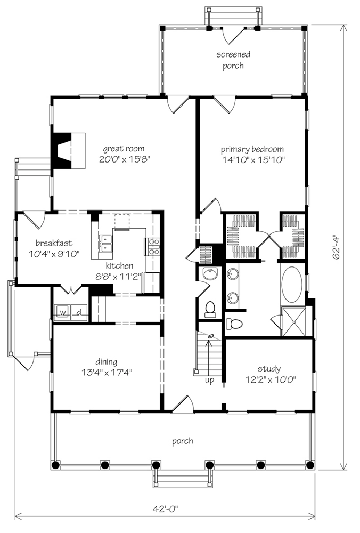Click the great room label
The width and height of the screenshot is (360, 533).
(124, 149)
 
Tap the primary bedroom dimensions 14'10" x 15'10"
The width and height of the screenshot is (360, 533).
(253, 160)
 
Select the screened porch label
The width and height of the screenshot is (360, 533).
(233, 60)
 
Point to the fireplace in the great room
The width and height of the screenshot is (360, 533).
(68, 150)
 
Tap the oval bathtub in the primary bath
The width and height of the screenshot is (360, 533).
(292, 285)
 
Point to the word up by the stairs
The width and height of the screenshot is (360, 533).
(209, 379)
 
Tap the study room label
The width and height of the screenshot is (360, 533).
(269, 369)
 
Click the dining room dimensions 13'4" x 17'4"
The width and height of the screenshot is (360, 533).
(107, 373)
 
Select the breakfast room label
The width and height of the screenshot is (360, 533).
(54, 243)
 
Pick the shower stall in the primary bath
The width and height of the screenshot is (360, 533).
(294, 321)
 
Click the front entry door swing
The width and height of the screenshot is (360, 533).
(183, 404)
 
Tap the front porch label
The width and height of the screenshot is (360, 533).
(183, 441)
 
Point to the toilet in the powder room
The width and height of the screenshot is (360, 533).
(210, 309)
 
